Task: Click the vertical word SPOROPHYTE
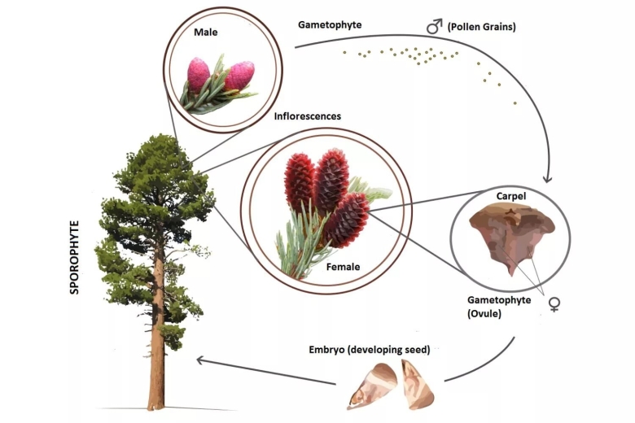[x=75, y=255]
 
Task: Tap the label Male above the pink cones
[x=205, y=33]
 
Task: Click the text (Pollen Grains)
[x=482, y=27]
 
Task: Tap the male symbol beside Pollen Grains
[x=434, y=27]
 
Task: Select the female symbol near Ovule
[x=554, y=304]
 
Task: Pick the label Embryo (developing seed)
[x=369, y=350]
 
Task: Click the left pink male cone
[x=199, y=74]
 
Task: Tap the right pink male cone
[x=239, y=76]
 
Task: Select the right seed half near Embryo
[x=418, y=384]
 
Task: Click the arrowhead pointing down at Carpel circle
[x=548, y=177]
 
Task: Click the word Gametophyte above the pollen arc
[x=330, y=25]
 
